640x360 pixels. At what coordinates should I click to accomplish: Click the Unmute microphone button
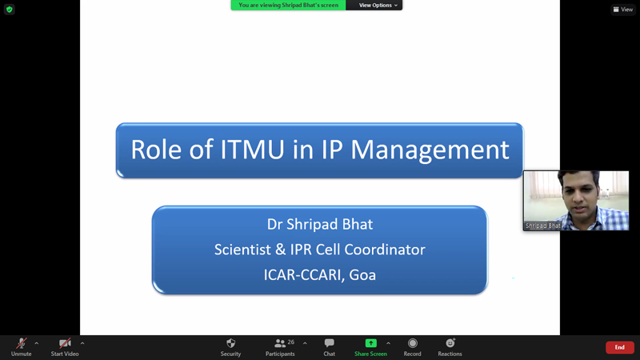point(22,347)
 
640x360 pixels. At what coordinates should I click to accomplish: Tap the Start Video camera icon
point(65,343)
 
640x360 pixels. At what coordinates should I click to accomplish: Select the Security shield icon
point(230,343)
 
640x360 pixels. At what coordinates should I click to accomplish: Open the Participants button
point(280,347)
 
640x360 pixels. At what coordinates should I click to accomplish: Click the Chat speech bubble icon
point(330,343)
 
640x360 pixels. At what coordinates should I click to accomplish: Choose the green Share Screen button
point(370,347)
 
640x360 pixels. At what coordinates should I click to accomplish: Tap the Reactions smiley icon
point(450,343)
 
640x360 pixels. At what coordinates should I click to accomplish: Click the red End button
point(619,347)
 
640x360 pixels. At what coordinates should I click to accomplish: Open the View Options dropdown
point(378,6)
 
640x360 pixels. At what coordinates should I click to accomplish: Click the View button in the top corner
point(623,10)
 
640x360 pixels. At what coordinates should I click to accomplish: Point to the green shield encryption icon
point(10,10)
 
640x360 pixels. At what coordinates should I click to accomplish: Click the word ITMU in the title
point(252,150)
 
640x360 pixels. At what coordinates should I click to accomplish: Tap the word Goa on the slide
point(362,275)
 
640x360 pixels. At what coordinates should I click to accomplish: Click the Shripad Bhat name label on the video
point(543,226)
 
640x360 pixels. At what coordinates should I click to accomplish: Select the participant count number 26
point(291,342)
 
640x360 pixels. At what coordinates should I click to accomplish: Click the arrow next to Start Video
point(82,343)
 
